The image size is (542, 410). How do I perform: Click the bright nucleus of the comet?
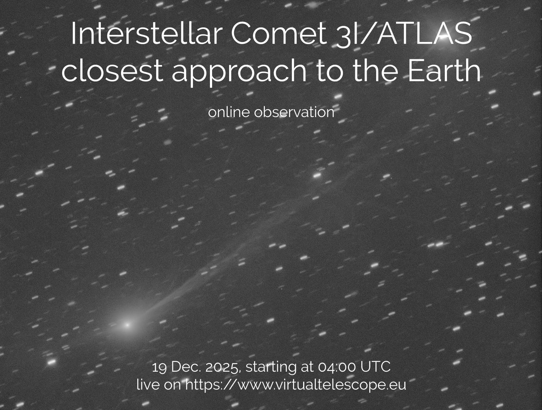[x=127, y=325]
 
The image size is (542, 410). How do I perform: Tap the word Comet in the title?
[x=278, y=34]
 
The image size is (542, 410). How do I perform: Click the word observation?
[x=294, y=112]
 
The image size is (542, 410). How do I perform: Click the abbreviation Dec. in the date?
[x=186, y=367]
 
